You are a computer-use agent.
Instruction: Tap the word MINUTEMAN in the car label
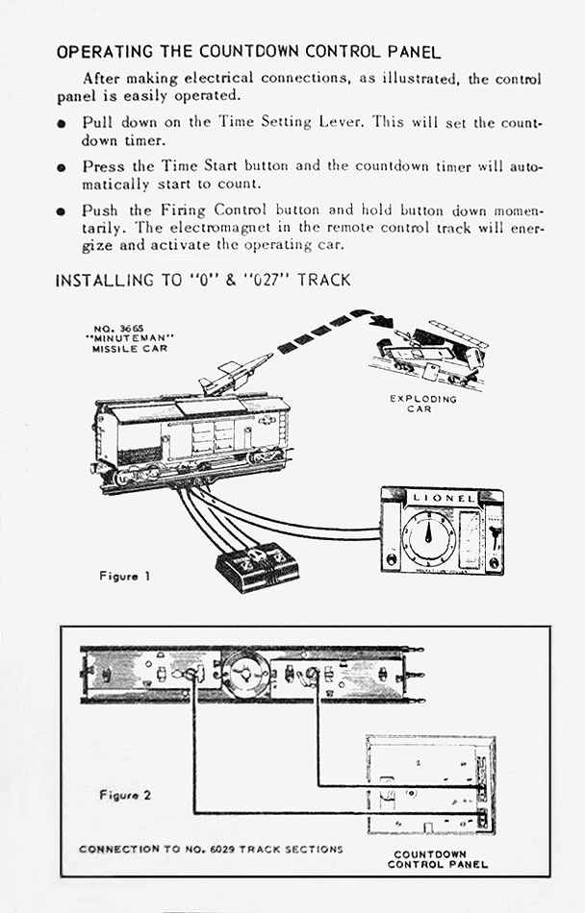[124, 337]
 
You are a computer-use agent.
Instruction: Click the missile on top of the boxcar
[235, 374]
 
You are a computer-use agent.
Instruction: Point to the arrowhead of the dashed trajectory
[382, 321]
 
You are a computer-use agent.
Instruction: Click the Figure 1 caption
[124, 576]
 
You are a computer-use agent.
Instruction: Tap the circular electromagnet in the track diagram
[244, 674]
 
